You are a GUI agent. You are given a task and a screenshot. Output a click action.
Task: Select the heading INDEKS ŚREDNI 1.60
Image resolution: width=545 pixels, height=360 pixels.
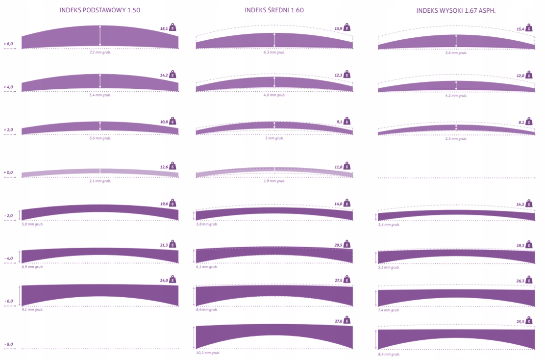click(x=274, y=10)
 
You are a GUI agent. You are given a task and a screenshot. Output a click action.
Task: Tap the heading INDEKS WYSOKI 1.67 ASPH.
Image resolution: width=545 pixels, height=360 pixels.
click(x=456, y=10)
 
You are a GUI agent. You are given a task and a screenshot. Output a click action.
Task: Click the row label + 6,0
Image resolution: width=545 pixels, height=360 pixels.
click(x=8, y=44)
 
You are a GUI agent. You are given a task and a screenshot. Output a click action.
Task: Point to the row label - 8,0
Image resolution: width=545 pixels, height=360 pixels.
click(x=8, y=344)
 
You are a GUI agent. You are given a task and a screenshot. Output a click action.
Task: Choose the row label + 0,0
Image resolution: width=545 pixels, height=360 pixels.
click(x=8, y=173)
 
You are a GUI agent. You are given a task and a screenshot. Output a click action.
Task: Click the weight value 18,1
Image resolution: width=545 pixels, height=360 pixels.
click(x=164, y=29)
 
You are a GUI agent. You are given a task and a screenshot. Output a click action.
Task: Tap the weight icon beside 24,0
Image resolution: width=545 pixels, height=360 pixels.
click(x=173, y=280)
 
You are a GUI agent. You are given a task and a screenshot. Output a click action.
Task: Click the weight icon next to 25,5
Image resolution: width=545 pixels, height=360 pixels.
click(x=529, y=321)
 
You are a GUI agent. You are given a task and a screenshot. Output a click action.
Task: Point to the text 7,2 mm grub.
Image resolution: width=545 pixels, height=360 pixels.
click(x=100, y=52)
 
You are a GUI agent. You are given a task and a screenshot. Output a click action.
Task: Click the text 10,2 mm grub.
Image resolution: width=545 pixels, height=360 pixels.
click(x=208, y=353)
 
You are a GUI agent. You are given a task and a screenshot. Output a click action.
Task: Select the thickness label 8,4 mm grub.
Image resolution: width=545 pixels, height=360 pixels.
click(x=389, y=354)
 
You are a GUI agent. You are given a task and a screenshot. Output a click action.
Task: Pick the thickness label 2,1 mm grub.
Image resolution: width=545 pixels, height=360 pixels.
click(x=100, y=181)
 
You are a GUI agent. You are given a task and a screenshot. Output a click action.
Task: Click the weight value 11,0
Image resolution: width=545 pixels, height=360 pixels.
click(x=338, y=167)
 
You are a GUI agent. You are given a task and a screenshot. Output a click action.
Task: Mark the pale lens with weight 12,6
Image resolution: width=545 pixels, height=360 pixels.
click(x=100, y=172)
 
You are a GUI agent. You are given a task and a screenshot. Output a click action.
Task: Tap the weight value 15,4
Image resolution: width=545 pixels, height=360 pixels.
click(x=520, y=29)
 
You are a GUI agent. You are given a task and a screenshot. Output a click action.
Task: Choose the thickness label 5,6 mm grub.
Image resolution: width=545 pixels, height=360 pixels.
click(x=456, y=52)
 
